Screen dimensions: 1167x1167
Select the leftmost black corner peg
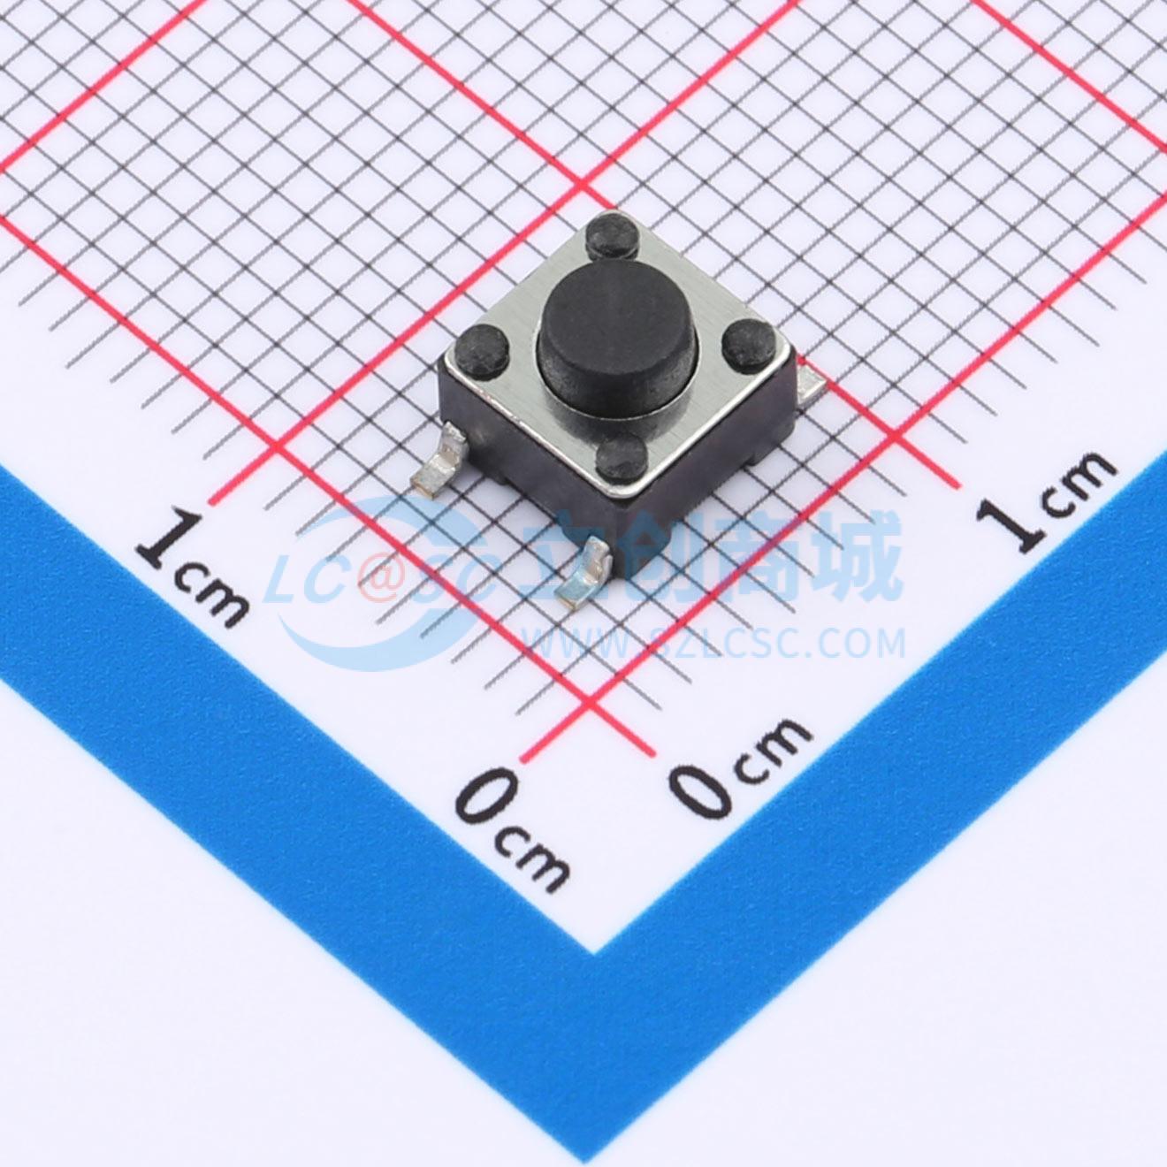tap(483, 349)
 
